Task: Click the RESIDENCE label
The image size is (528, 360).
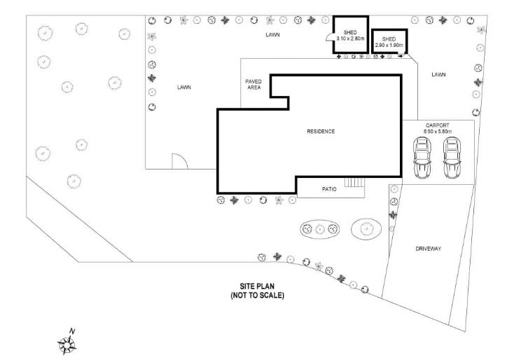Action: tap(321, 132)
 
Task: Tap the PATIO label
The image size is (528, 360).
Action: tap(329, 189)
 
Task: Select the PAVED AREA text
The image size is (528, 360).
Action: tap(253, 85)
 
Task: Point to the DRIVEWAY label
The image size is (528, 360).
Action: tap(428, 249)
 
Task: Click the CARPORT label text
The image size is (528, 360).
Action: tap(438, 125)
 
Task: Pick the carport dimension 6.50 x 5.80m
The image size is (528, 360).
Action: tap(438, 132)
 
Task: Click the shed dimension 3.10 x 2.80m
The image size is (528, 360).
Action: tap(350, 39)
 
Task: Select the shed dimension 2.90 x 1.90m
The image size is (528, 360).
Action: tap(389, 45)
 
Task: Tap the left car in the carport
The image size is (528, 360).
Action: tap(422, 158)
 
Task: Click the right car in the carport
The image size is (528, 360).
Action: tap(452, 158)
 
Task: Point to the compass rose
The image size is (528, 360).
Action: tap(67, 345)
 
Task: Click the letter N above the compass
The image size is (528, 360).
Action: tap(71, 331)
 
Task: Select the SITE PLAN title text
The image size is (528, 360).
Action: tap(257, 286)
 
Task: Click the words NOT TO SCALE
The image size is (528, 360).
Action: tap(257, 296)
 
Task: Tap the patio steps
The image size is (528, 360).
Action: tap(354, 183)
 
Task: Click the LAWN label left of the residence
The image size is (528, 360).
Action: tap(184, 88)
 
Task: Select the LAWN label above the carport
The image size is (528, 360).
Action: tap(438, 75)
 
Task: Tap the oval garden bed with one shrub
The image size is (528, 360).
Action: tap(366, 229)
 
